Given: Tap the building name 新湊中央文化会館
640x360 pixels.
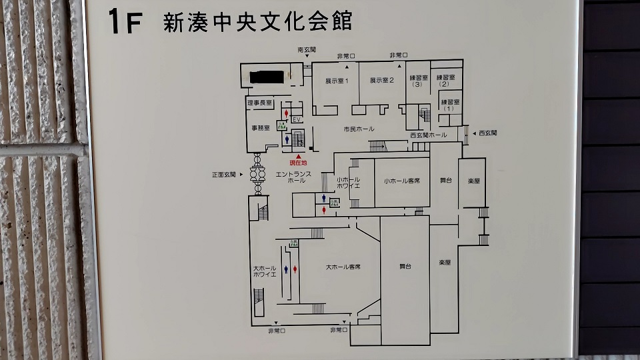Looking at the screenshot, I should [x=257, y=22].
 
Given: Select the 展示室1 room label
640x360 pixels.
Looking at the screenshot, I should [x=337, y=81].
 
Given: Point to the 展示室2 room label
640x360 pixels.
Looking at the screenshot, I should [x=382, y=81].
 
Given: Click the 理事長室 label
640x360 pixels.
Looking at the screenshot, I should [x=259, y=103].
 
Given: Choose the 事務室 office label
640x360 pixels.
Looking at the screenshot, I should [x=260, y=127].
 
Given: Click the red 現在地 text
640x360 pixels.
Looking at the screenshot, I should [x=298, y=163].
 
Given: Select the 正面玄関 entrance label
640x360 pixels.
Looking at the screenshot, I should [x=225, y=175].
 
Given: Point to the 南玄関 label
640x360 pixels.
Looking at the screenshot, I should [x=307, y=51].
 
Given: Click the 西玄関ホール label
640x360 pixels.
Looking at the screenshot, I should [x=428, y=135].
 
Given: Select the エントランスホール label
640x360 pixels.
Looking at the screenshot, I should [x=291, y=177].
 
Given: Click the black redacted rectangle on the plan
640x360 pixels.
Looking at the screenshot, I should [x=269, y=76].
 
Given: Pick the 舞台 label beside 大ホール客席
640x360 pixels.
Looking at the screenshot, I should [x=405, y=266].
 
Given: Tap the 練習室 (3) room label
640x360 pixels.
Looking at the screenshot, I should [x=418, y=81].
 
